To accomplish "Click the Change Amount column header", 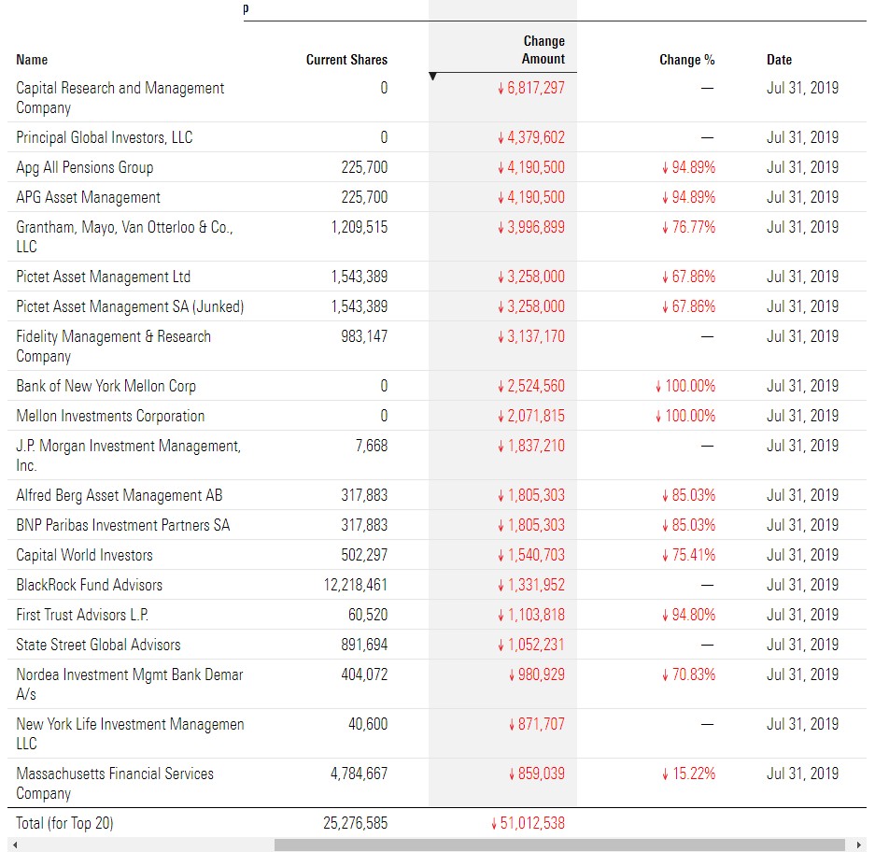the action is tap(543, 50).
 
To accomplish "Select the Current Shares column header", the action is tap(346, 60).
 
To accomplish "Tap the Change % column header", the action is tap(686, 60).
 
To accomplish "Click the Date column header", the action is tap(779, 60).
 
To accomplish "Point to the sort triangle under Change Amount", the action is tap(432, 76).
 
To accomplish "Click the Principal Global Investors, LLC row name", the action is tap(105, 137).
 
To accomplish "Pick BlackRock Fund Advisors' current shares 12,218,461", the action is tap(356, 585).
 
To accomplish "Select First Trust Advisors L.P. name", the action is tap(82, 615).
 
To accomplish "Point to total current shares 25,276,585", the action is tap(356, 823).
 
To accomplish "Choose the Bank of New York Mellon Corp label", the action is tap(106, 386).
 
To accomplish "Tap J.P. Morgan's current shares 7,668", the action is tap(372, 446).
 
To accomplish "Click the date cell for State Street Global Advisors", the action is tap(802, 645).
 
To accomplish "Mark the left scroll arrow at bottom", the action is tap(15, 845).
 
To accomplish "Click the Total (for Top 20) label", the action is tap(64, 823).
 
